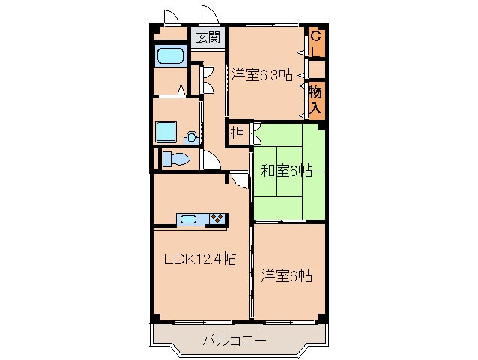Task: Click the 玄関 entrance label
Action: pyautogui.click(x=208, y=37)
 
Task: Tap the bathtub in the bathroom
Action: pyautogui.click(x=170, y=56)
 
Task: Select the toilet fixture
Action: pyautogui.click(x=177, y=159)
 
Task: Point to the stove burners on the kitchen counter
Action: pyautogui.click(x=217, y=219)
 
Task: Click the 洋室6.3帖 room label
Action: pyautogui.click(x=261, y=74)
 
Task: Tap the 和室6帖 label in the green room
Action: pyautogui.click(x=286, y=171)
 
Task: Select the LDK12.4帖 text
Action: pyautogui.click(x=200, y=259)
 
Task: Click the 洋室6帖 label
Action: pyautogui.click(x=286, y=275)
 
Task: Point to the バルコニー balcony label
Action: pyautogui.click(x=234, y=340)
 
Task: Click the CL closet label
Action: pyautogui.click(x=315, y=44)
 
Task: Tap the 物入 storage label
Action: pyautogui.click(x=315, y=100)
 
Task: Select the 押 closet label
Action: pyautogui.click(x=238, y=133)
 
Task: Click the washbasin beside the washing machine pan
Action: pyautogui.click(x=191, y=138)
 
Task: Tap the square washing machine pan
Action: pyautogui.click(x=166, y=132)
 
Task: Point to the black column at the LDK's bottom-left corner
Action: pyautogui.click(x=156, y=317)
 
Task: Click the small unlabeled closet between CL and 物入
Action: pyautogui.click(x=317, y=69)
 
